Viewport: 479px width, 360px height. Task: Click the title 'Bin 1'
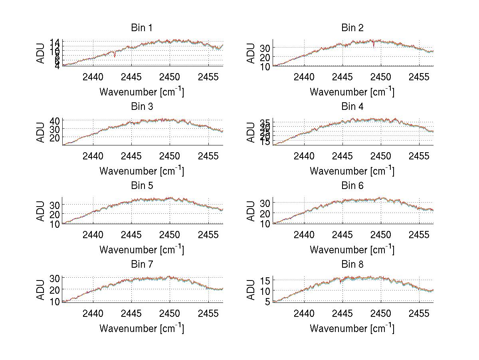141,28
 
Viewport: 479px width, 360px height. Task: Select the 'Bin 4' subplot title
352,107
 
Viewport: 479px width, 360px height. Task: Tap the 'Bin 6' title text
352,185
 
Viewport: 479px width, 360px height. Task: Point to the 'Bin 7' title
141,264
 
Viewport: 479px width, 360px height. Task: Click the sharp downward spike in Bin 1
115,56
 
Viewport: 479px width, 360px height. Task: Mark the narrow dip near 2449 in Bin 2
374,46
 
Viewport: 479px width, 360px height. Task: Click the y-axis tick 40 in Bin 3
55,121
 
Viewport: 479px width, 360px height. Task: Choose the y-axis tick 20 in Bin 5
55,214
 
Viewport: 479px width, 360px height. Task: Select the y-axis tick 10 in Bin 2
265,67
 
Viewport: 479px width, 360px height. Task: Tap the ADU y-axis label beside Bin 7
40,289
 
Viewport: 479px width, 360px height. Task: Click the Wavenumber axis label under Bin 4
352,171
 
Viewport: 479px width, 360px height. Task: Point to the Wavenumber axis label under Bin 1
141,92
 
